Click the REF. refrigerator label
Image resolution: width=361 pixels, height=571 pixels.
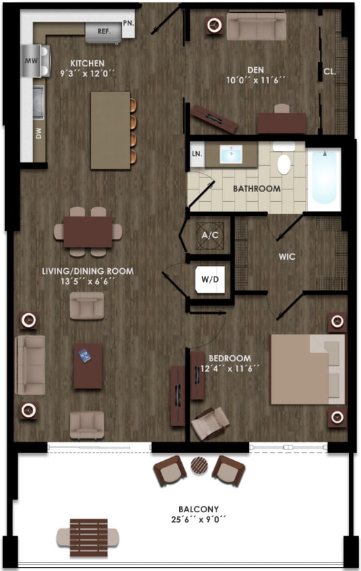(103, 31)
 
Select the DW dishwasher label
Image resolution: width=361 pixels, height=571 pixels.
(39, 133)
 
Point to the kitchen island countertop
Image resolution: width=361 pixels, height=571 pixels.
(110, 130)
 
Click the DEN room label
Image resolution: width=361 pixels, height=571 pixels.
(254, 70)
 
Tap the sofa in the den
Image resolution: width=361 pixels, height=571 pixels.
(256, 26)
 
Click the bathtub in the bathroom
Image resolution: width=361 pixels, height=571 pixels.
(324, 177)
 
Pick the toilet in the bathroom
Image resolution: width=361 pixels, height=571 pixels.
(284, 164)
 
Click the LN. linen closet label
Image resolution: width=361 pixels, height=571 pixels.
(197, 154)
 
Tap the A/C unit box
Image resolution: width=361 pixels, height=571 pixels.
(207, 236)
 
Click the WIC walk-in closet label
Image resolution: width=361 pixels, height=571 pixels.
(289, 257)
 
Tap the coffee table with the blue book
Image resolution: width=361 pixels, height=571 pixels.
(88, 366)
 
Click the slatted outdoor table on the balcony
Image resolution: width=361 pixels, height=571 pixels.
(89, 537)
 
